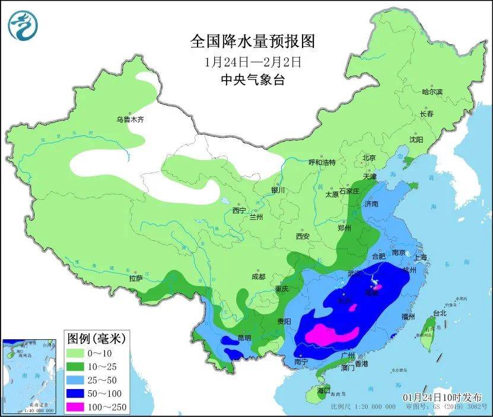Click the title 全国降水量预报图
(x=252, y=41)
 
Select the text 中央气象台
(x=253, y=79)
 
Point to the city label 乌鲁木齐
(x=129, y=119)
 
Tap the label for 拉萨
(x=135, y=278)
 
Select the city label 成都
(x=257, y=276)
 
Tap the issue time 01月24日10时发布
(x=442, y=396)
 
